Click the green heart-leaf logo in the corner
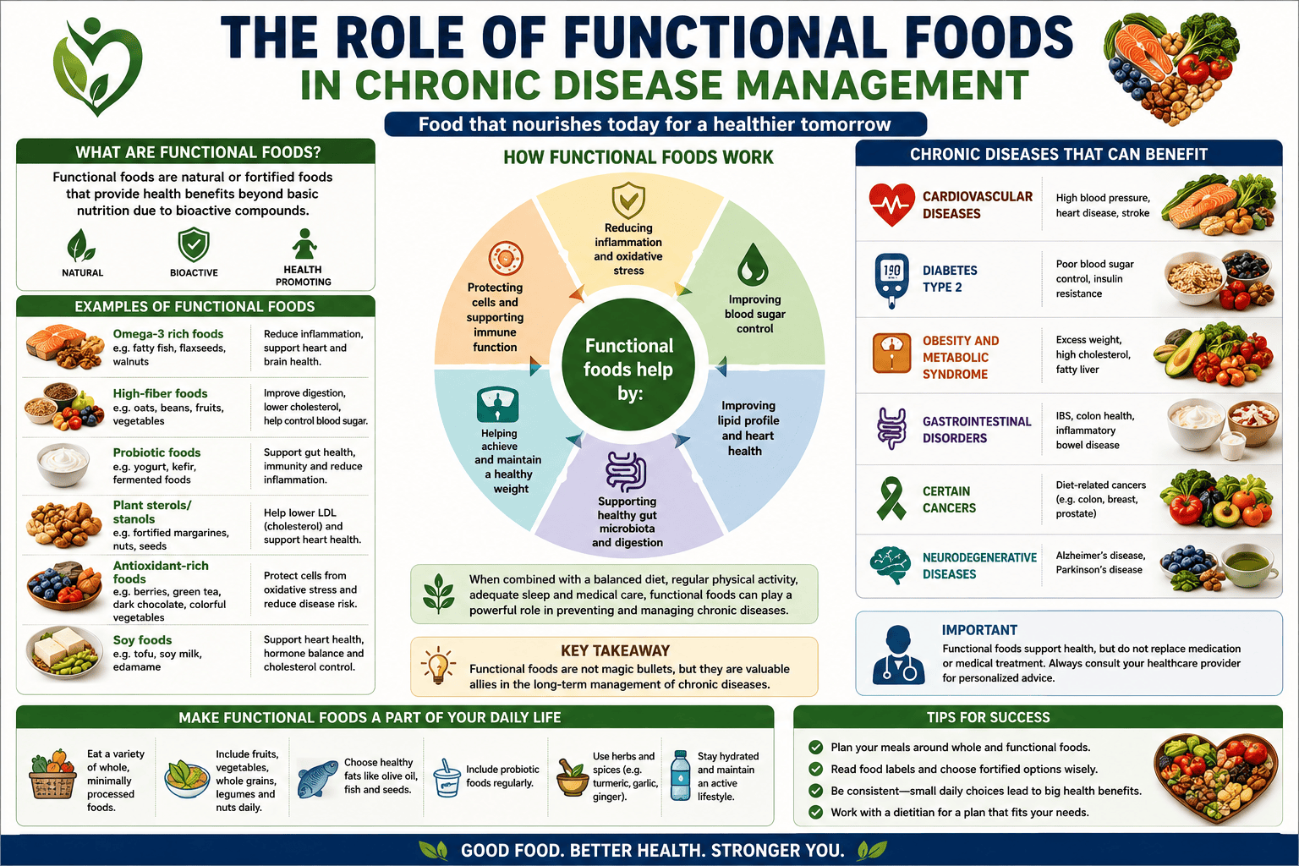97,67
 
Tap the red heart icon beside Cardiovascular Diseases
892,205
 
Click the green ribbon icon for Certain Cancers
891,498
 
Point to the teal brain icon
891,565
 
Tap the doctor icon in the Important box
898,655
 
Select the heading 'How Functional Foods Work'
638,157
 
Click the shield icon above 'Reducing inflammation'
628,200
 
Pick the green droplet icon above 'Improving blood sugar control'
753,265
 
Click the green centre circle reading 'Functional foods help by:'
629,364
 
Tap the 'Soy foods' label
142,640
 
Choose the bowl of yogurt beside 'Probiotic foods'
63,463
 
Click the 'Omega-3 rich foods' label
168,333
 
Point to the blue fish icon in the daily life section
317,779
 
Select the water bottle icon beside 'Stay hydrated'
680,776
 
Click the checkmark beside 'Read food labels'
815,769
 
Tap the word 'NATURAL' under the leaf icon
82,272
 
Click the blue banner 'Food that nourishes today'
655,124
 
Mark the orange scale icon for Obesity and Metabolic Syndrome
891,353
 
